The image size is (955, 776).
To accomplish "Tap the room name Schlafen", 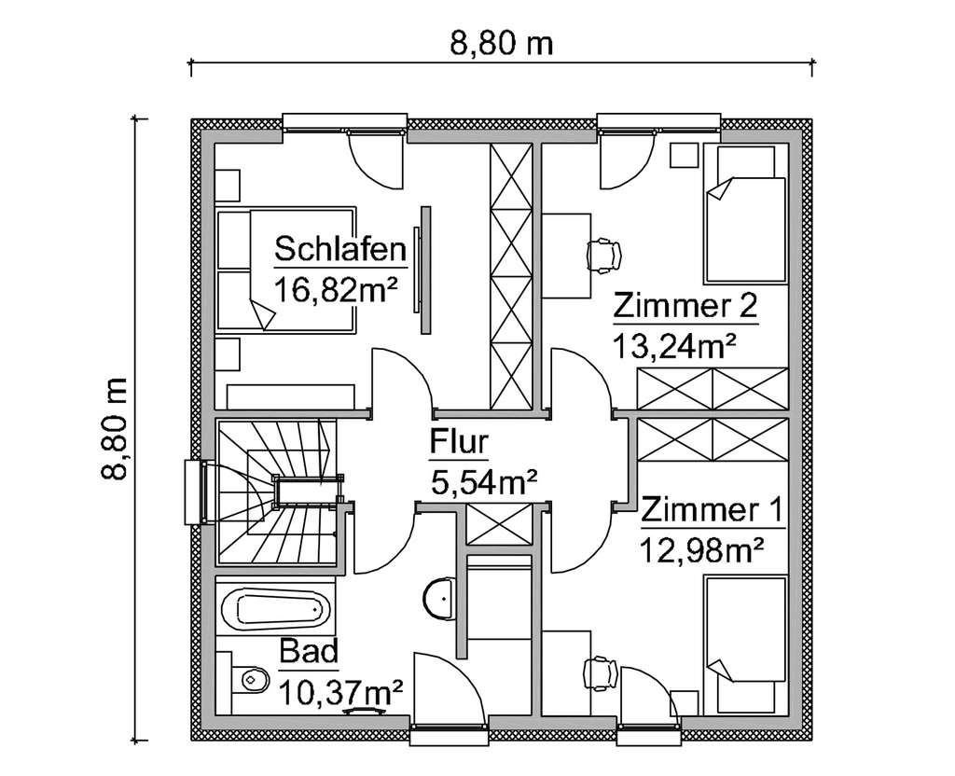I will coord(339,250).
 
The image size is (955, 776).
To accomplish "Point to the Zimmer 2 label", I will coord(685,306).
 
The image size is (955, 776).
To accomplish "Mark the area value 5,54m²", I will coord(484,483).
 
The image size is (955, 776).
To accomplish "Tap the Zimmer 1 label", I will coord(711,511).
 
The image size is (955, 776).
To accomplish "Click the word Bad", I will coord(308,654).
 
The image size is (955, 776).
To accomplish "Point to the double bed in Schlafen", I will coord(285,269).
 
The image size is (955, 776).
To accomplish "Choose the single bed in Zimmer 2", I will coord(742,215).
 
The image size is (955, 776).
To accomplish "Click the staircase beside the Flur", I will coord(275,492).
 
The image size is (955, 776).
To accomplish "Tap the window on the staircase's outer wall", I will coord(194,492).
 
